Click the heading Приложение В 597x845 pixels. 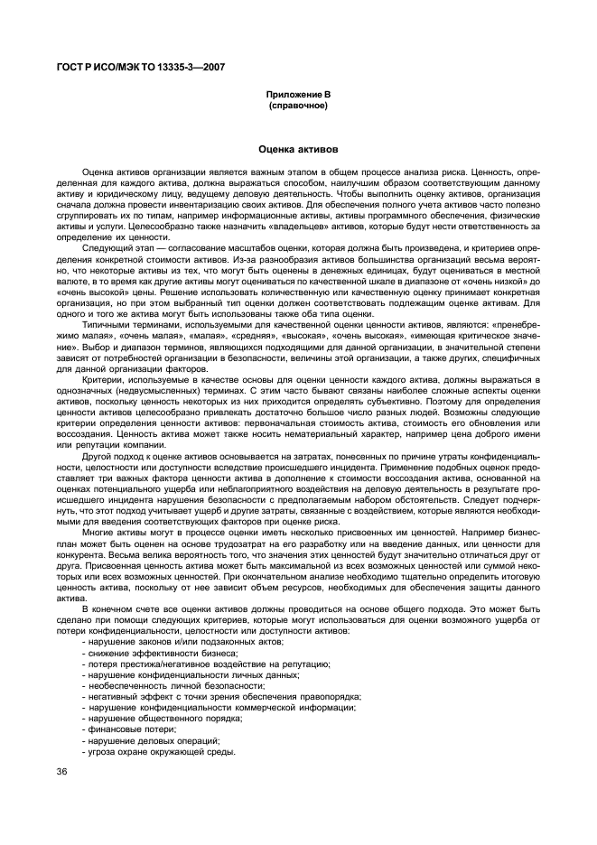click(x=297, y=95)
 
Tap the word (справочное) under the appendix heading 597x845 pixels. click(x=297, y=105)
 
